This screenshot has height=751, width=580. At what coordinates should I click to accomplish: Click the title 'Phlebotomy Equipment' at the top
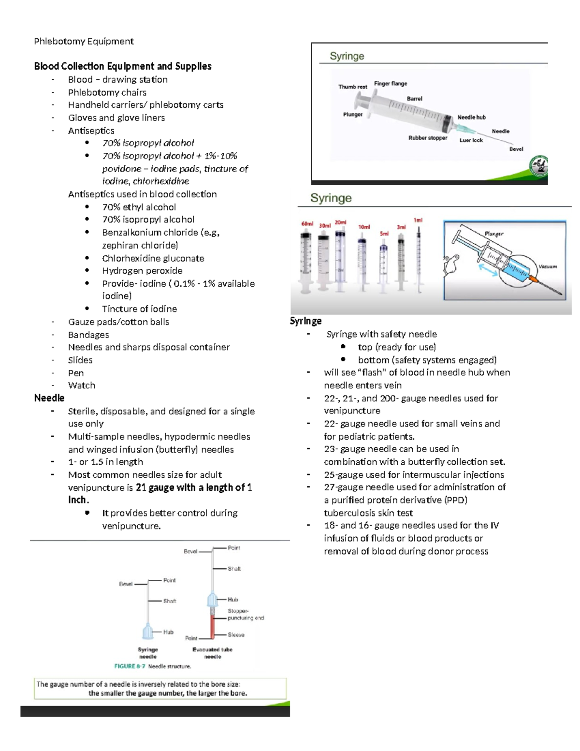[84, 41]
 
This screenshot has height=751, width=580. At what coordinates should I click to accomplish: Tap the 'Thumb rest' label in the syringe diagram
[352, 87]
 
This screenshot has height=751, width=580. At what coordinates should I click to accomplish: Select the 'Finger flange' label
[391, 84]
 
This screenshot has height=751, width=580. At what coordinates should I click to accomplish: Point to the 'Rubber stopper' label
[428, 138]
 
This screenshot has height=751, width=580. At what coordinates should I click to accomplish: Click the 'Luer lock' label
[471, 140]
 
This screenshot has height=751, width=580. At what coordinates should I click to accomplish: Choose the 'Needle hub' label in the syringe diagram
[471, 118]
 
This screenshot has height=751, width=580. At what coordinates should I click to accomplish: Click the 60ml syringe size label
[307, 224]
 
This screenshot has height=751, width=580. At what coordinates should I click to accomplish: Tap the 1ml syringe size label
[418, 220]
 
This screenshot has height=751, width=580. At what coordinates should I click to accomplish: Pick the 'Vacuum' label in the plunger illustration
[548, 266]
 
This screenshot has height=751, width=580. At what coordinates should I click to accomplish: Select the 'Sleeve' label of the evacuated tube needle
[236, 635]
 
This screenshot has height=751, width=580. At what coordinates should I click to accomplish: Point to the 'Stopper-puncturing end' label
[246, 615]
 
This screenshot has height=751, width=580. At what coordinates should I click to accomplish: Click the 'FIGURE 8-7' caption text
[131, 666]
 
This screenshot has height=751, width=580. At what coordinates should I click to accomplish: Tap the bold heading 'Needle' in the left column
[49, 398]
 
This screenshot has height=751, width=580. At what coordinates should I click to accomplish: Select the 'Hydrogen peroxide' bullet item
[142, 271]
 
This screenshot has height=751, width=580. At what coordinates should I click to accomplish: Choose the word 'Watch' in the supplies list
[82, 385]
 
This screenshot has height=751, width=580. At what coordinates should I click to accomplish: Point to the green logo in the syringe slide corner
[538, 167]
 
